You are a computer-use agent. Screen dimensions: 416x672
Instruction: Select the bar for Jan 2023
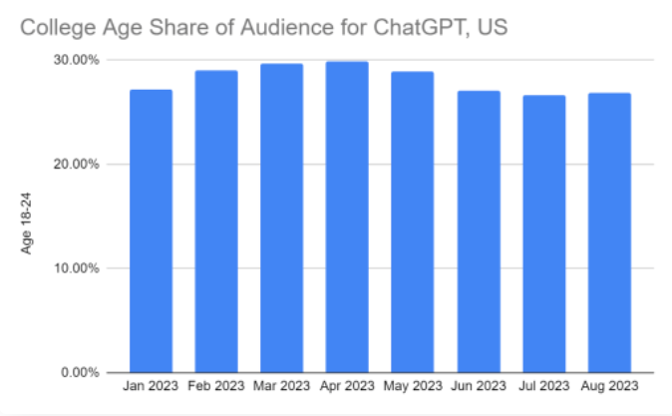coord(151,229)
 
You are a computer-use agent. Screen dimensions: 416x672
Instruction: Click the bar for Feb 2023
coord(216,220)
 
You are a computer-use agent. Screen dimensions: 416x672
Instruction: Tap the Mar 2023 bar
coord(281,217)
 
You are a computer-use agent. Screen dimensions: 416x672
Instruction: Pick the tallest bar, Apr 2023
coord(347,216)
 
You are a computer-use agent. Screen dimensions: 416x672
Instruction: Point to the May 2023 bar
coord(413,221)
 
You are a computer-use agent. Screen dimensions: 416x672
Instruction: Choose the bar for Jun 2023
coord(479,230)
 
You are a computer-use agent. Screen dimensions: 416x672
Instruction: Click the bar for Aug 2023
coord(609,232)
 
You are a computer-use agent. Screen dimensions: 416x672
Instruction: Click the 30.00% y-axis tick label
coord(76,60)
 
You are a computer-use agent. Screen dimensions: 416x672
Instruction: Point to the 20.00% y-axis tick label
coord(76,164)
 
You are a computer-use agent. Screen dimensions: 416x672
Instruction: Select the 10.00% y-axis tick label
coord(76,268)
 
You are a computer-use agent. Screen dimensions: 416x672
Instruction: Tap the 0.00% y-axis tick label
coord(79,372)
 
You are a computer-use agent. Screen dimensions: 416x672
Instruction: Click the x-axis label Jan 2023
coord(151,385)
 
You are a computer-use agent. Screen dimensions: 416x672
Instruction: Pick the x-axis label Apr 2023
coord(347,385)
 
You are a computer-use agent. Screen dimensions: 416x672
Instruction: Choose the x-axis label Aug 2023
coord(609,385)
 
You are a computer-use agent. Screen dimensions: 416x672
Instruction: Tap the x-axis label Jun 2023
coord(479,385)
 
